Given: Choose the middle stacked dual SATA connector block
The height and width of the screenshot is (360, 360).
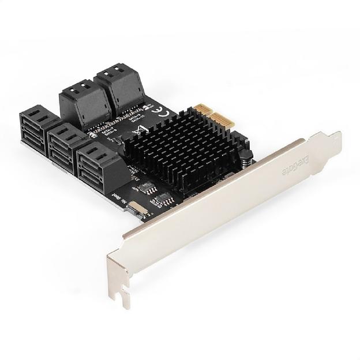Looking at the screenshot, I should (65, 148).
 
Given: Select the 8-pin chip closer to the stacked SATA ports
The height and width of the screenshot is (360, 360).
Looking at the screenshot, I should (146, 188).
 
